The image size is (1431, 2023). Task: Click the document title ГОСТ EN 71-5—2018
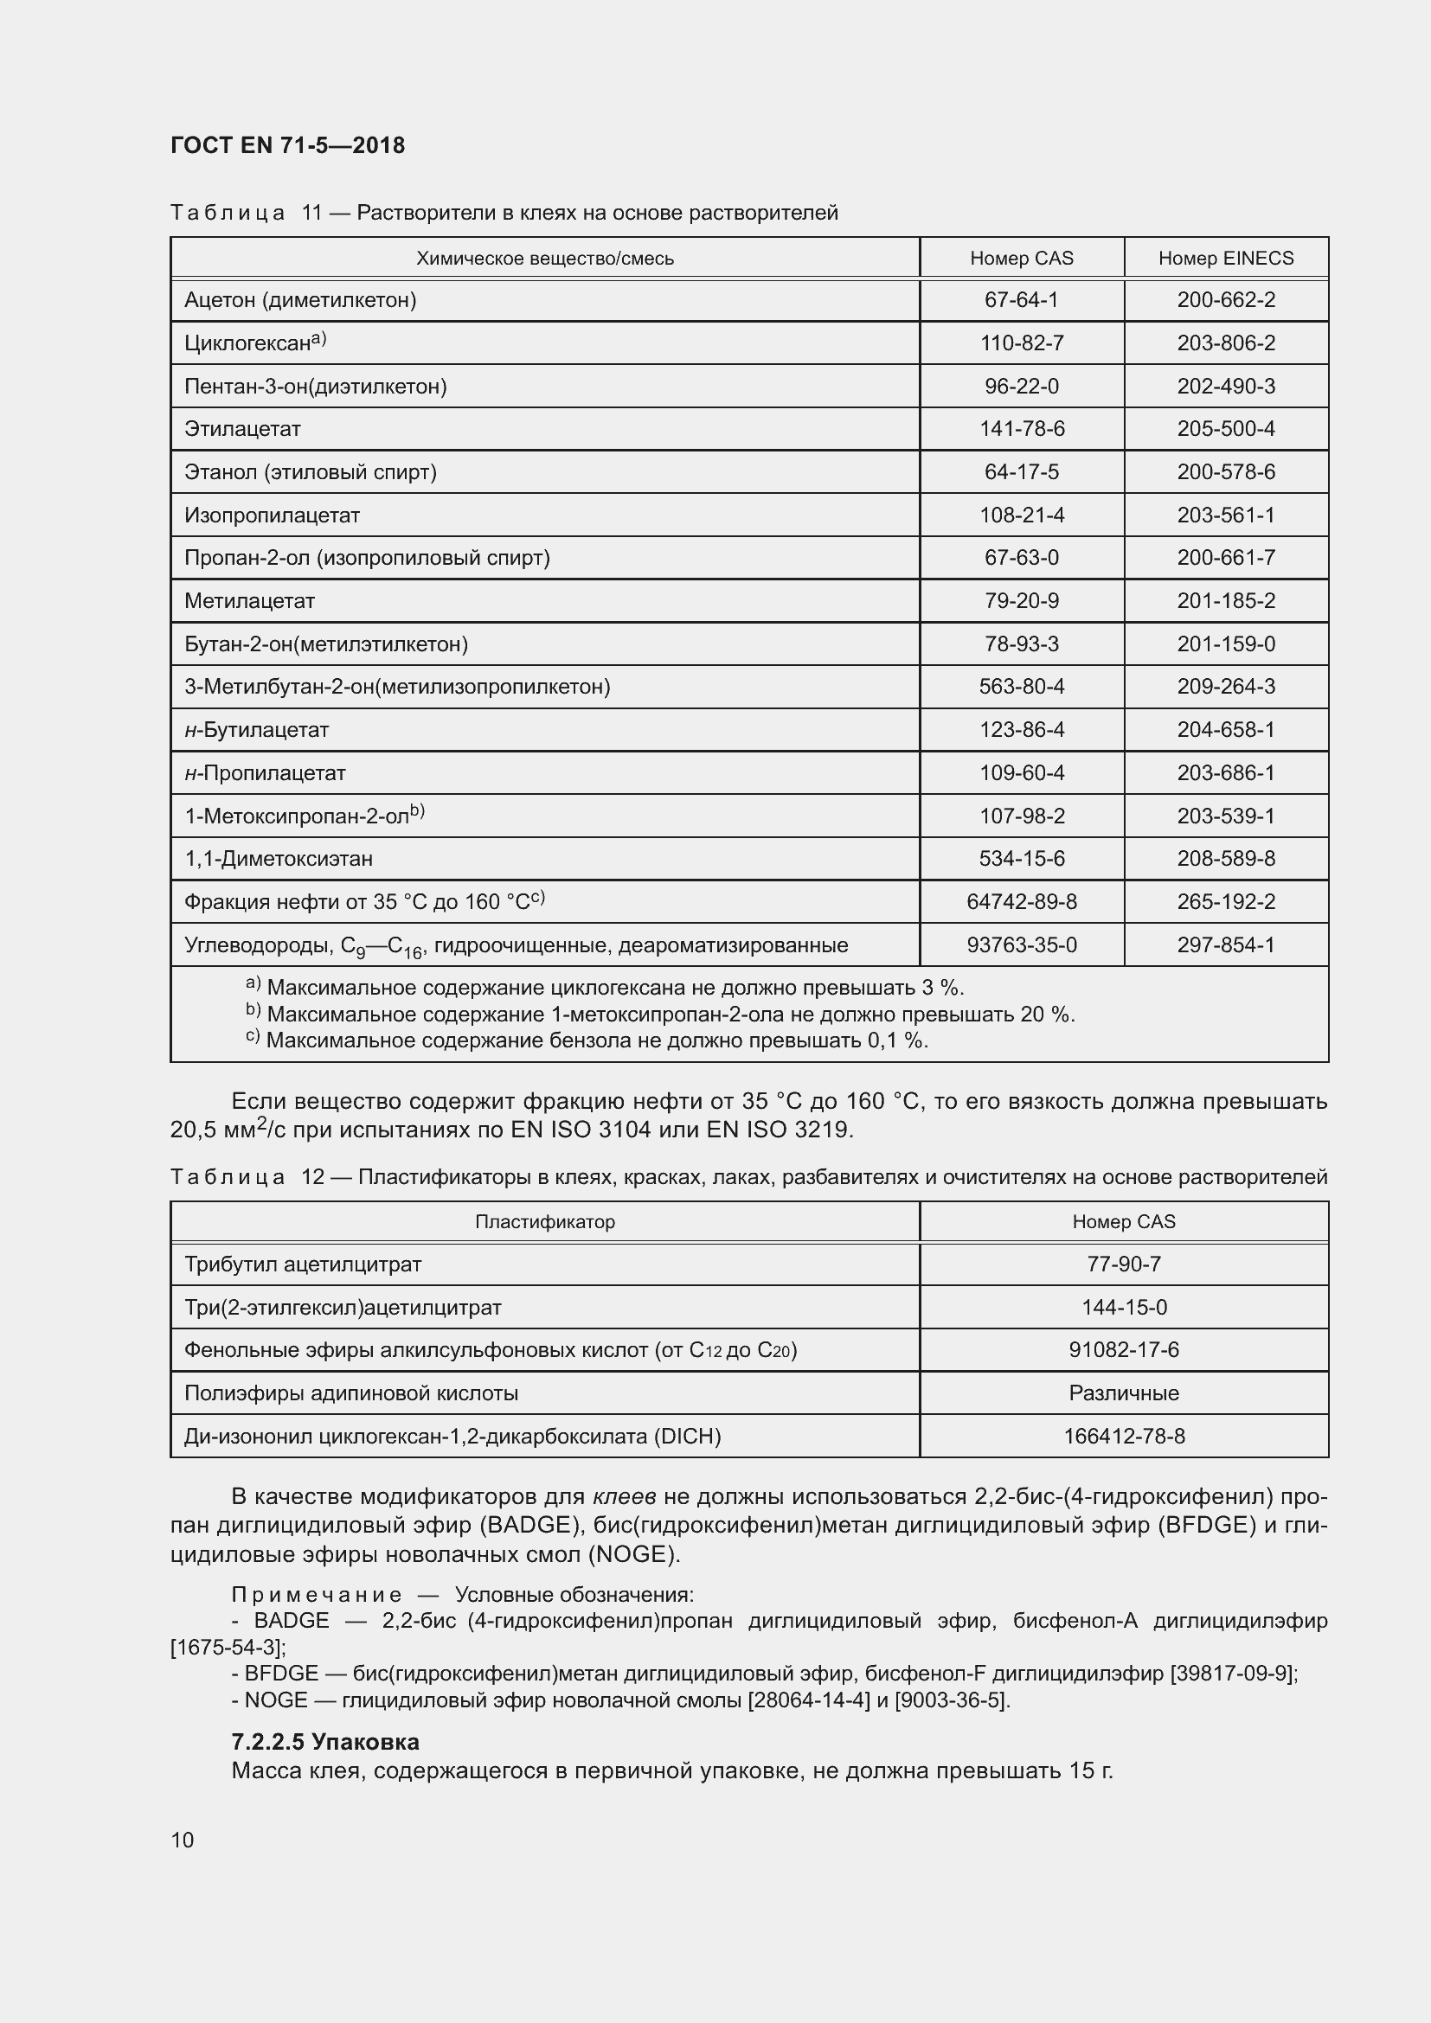coord(287,145)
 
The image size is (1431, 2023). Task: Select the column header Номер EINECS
coord(1225,258)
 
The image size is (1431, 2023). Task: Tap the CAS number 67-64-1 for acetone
coord(1021,300)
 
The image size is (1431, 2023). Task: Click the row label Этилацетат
coord(242,429)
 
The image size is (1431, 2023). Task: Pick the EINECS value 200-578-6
coord(1225,472)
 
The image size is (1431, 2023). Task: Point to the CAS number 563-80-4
coord(1021,687)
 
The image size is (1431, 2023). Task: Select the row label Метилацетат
coord(249,601)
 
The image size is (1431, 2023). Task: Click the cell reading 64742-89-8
coord(1021,901)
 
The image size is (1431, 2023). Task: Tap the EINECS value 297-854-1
coord(1225,944)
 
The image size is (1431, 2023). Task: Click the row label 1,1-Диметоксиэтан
coord(279,858)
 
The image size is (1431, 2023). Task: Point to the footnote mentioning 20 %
coord(670,1015)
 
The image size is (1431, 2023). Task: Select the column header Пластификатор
coord(544,1221)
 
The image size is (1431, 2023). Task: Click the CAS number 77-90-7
coord(1124,1264)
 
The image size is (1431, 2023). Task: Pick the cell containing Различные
coord(1124,1393)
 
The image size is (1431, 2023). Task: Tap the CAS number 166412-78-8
coord(1124,1437)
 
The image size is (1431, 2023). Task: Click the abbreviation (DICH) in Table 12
coord(686,1437)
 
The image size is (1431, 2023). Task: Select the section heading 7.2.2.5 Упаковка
coord(325,1742)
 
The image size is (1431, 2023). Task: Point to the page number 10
coord(183,1840)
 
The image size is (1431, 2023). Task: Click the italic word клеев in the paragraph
coord(624,1496)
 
